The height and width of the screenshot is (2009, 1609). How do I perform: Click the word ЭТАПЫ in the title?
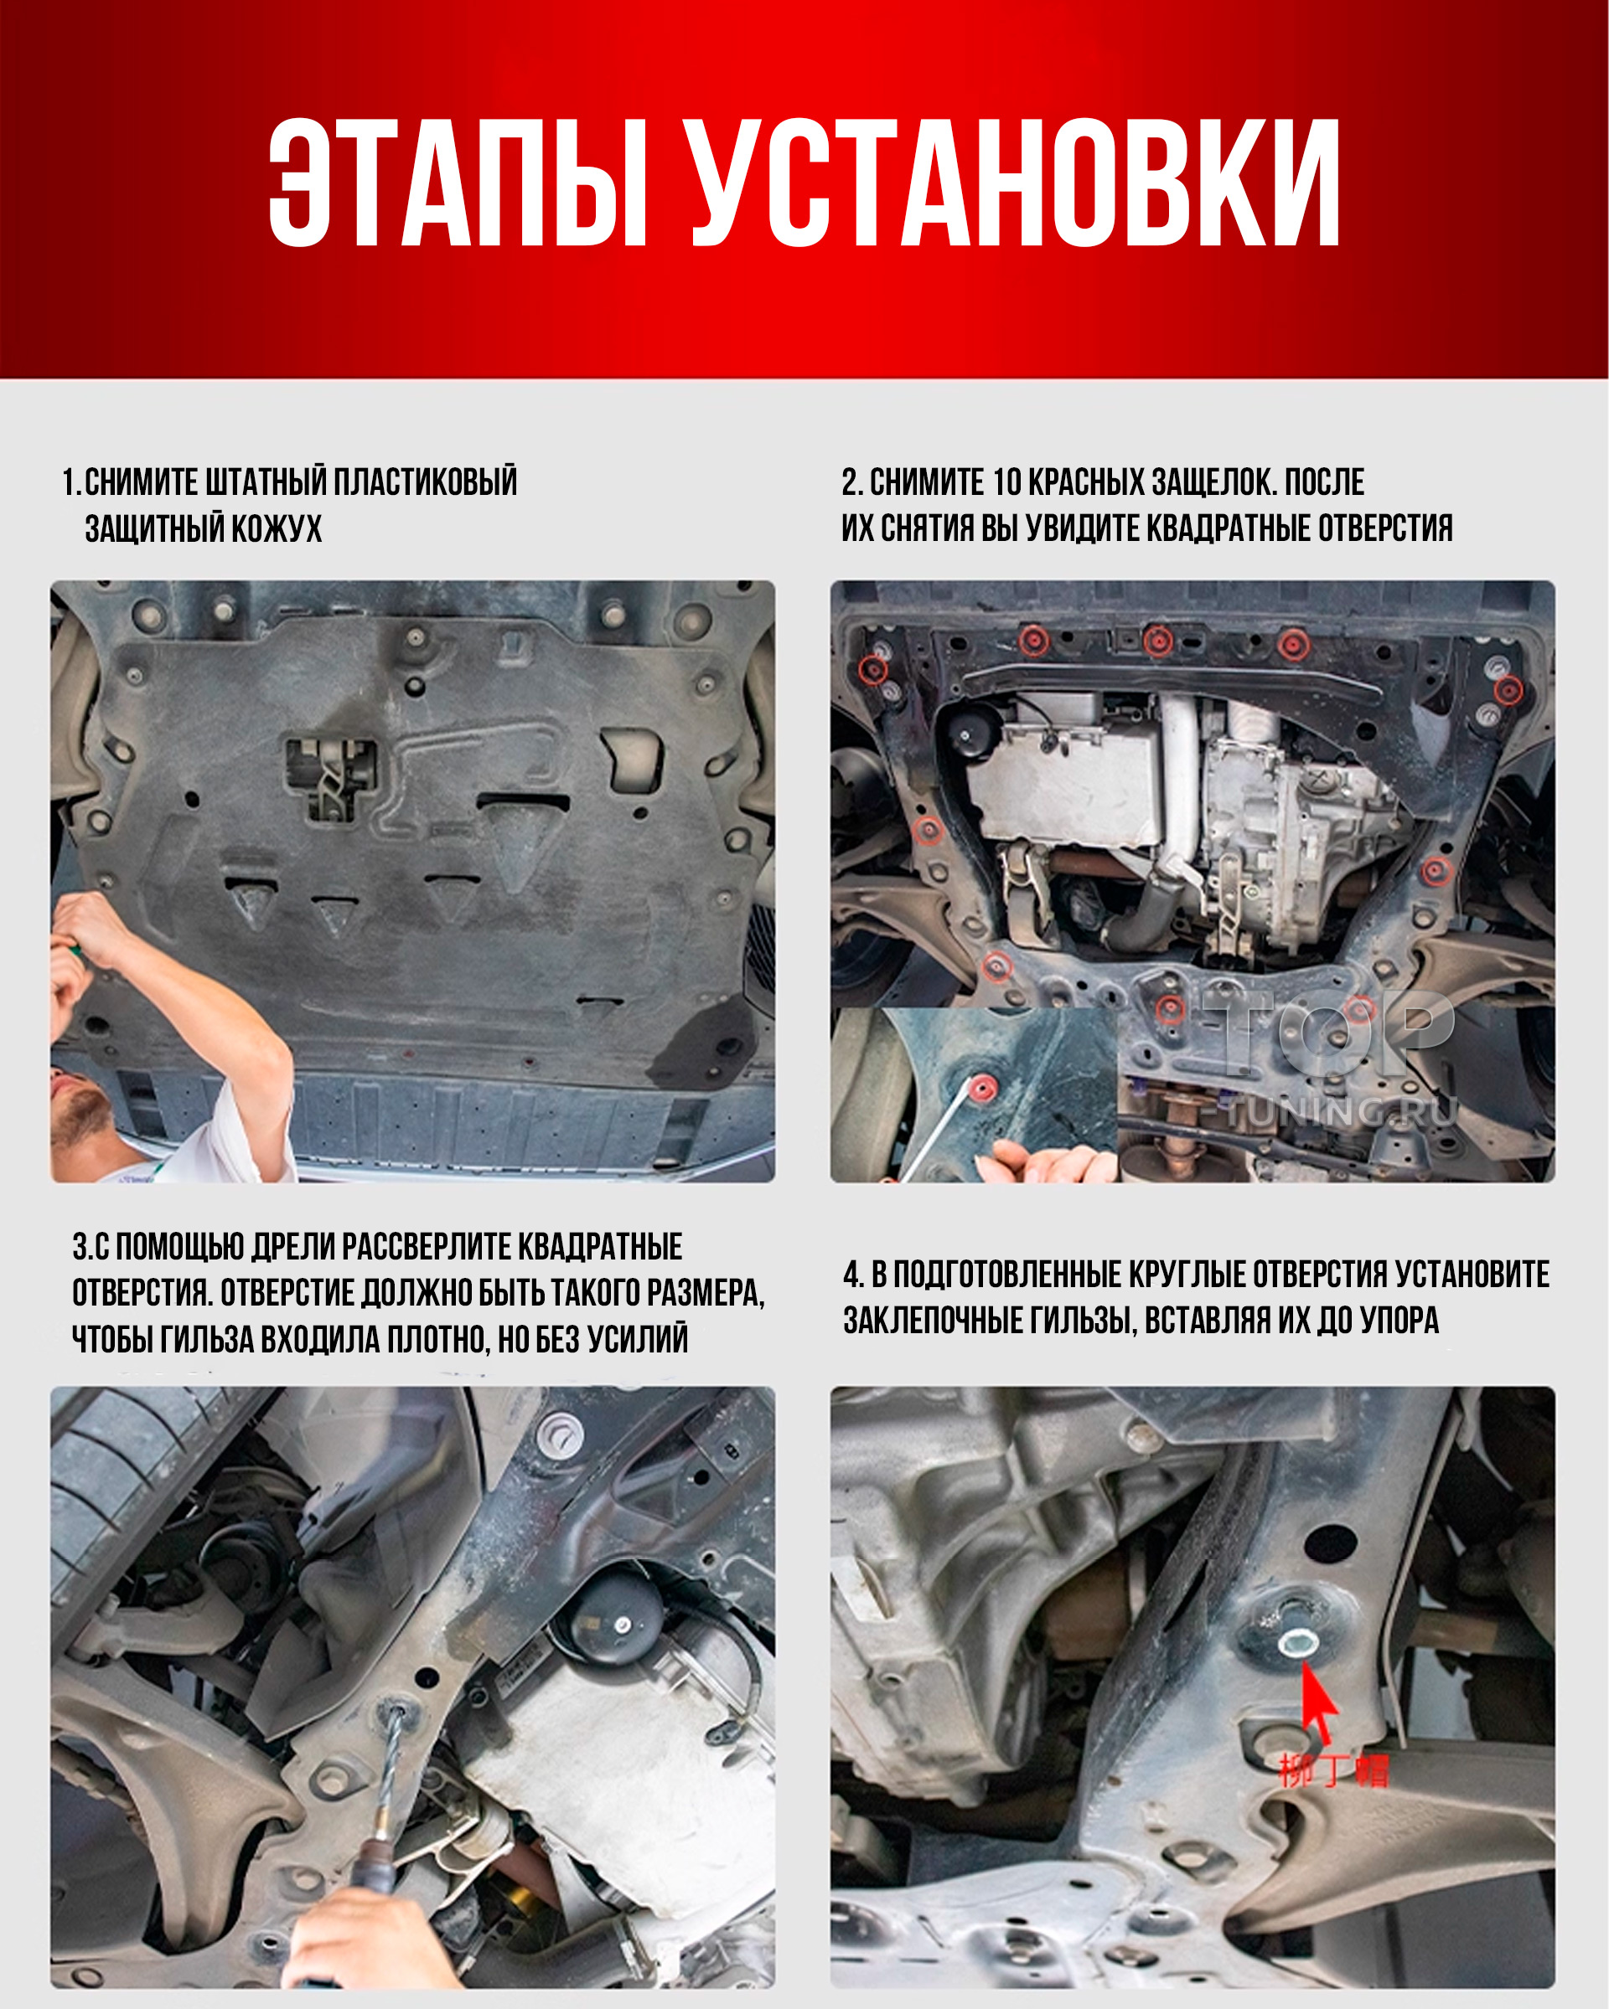click(458, 183)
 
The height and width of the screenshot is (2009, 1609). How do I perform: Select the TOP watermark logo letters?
click(1329, 1033)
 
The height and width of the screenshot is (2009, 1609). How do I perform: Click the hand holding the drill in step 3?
click(359, 1929)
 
